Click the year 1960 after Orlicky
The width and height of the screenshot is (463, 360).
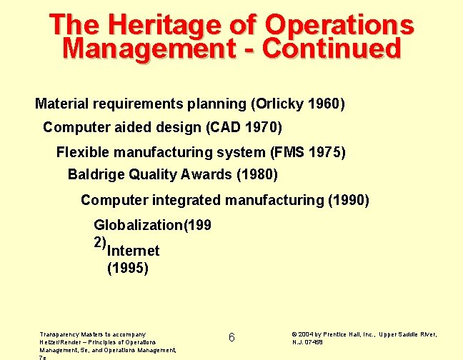click(x=325, y=104)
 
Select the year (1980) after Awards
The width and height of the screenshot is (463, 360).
click(x=257, y=174)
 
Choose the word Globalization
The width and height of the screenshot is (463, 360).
click(x=138, y=225)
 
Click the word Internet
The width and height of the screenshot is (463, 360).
click(x=133, y=251)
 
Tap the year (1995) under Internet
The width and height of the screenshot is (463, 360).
click(x=129, y=269)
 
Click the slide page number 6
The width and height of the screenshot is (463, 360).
click(x=231, y=337)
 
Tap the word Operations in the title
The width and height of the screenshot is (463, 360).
click(x=339, y=24)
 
